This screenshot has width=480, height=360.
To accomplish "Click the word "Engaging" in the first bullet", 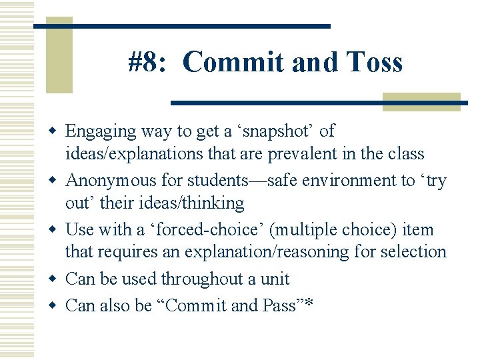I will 100,132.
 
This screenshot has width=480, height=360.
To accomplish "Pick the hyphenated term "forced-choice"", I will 212,230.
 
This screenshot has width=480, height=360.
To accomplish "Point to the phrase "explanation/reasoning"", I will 255,252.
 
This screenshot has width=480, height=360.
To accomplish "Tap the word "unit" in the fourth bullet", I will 275,279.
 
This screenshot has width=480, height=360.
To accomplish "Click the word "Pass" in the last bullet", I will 281,306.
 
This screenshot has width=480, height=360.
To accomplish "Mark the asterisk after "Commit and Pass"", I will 309,305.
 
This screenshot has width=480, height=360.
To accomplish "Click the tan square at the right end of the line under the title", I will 421,101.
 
